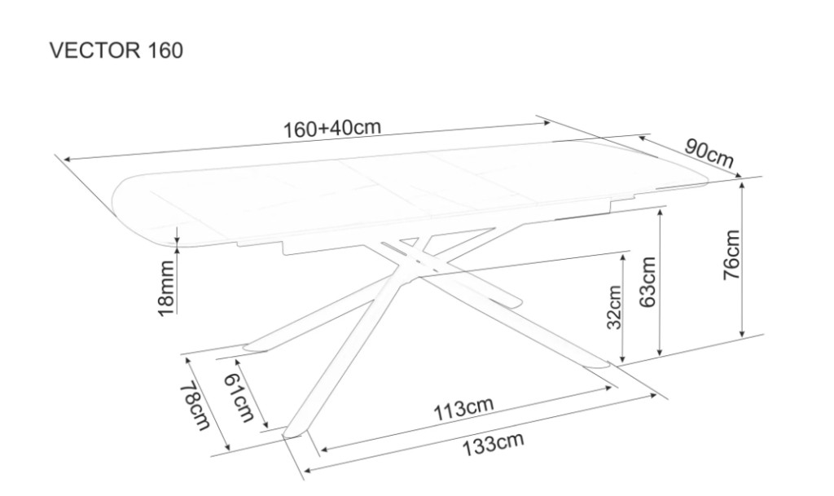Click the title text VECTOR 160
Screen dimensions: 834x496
coord(116,50)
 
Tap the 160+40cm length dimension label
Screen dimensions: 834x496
coord(332,128)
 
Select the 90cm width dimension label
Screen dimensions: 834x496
coord(709,153)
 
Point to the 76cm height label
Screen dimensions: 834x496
coord(732,255)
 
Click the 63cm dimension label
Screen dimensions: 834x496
coord(647,282)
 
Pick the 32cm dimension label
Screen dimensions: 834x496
coord(614,307)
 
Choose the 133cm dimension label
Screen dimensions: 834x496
coord(493,445)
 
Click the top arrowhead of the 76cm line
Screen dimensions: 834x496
coord(742,184)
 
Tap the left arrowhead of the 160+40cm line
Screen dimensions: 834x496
coord(68,159)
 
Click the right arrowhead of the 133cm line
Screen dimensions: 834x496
coord(652,396)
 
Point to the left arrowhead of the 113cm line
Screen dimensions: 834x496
coord(324,450)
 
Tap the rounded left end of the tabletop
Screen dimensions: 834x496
coord(118,200)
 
